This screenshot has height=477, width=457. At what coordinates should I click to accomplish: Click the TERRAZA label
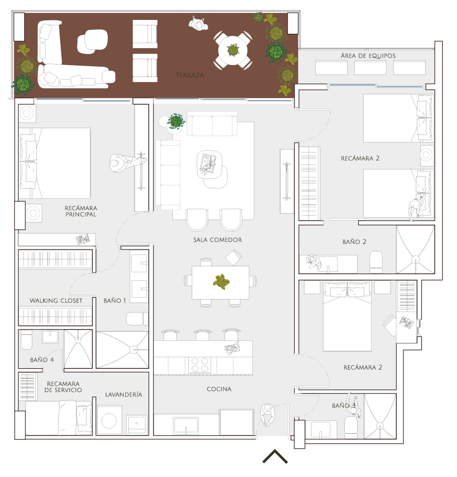tap(190, 75)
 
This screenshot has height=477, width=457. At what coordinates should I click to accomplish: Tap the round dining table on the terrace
tap(232, 50)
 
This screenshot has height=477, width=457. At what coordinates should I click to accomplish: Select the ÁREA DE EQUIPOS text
tap(368, 56)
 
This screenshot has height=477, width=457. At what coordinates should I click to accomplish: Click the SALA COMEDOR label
tap(218, 239)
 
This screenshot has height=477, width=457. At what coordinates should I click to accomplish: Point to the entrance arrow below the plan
tap(275, 456)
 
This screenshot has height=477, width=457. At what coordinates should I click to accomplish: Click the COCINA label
tap(219, 389)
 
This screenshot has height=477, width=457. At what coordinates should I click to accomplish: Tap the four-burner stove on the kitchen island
tap(200, 365)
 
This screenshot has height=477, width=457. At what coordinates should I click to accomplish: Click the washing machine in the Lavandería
tap(109, 420)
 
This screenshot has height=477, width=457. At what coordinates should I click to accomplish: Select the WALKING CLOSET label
tap(56, 301)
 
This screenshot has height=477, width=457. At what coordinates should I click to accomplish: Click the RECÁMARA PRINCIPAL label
tap(81, 211)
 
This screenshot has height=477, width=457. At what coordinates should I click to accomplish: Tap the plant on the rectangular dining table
tap(222, 282)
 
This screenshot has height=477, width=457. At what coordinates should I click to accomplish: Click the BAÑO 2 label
tap(355, 242)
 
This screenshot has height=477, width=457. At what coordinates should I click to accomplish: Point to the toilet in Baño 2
tap(376, 262)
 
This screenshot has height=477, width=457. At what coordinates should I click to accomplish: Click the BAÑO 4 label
tap(42, 360)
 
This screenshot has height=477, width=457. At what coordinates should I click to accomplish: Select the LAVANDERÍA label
tap(124, 395)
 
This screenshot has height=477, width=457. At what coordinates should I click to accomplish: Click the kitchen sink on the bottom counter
tap(186, 426)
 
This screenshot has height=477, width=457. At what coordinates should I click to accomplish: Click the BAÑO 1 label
tap(115, 301)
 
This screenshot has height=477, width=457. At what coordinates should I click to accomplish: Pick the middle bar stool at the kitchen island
tap(202, 335)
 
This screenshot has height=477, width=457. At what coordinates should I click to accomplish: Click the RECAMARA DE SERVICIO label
tap(63, 387)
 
